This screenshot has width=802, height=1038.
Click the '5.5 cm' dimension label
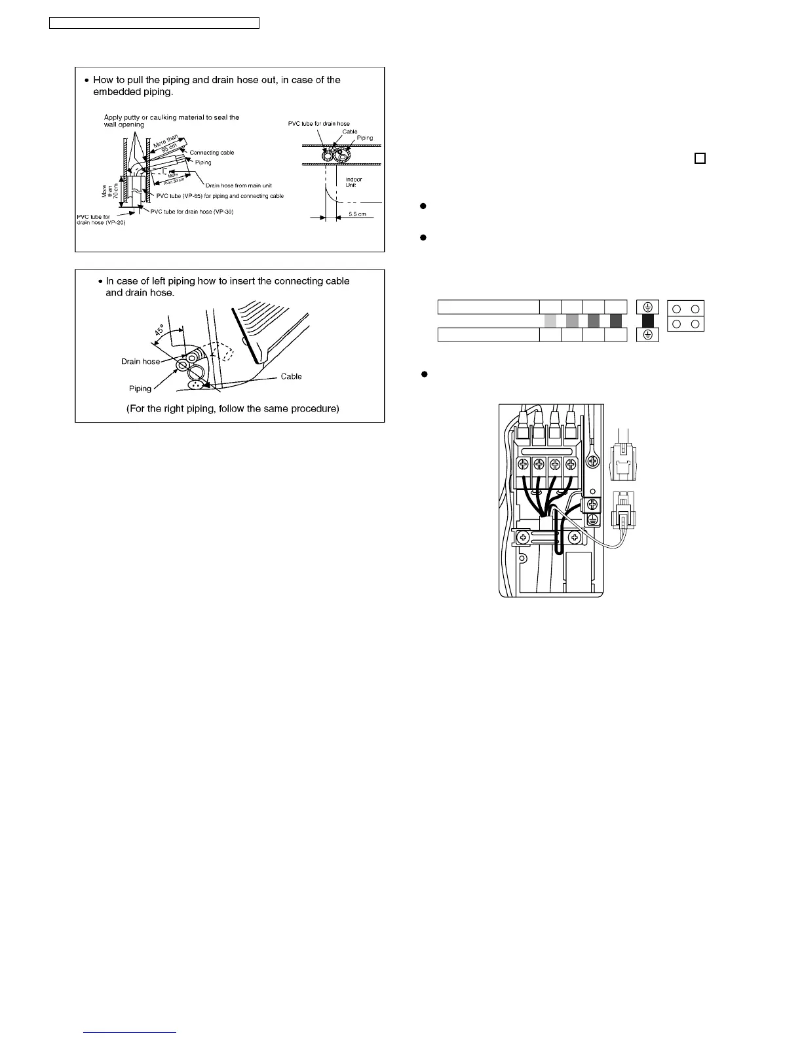(x=358, y=214)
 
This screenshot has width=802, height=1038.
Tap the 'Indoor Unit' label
(x=353, y=182)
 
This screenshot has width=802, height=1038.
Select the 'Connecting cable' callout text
(x=212, y=153)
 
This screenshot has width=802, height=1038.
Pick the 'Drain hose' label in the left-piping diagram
(x=140, y=362)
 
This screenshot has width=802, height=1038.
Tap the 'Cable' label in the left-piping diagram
(x=291, y=376)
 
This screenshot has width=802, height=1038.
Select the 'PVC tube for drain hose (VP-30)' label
(x=192, y=212)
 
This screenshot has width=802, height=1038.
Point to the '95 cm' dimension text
(x=169, y=148)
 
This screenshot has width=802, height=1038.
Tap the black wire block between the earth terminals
(x=647, y=320)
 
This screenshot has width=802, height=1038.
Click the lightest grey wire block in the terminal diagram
(x=550, y=320)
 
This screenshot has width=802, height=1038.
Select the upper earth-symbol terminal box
(x=647, y=307)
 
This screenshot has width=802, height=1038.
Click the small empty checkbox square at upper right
(x=700, y=158)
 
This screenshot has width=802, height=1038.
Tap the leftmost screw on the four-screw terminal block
(x=524, y=465)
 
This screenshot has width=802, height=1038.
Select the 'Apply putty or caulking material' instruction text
(x=172, y=117)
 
